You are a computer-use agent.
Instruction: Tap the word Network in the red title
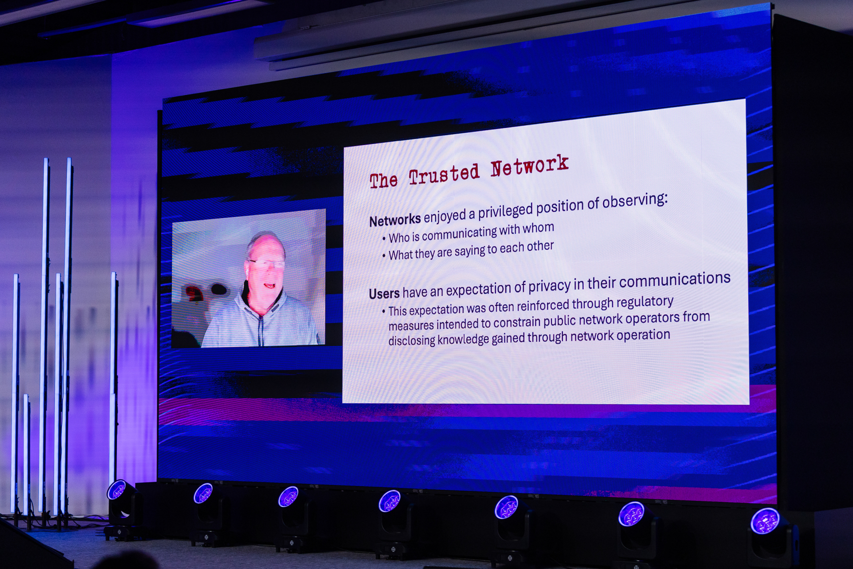tap(529, 165)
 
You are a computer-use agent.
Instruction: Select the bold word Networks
tap(395, 220)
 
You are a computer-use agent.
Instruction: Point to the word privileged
tap(505, 211)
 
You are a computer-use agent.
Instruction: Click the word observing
tap(635, 201)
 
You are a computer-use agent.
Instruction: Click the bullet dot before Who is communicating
tap(384, 239)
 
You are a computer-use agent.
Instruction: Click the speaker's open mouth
tap(269, 285)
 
